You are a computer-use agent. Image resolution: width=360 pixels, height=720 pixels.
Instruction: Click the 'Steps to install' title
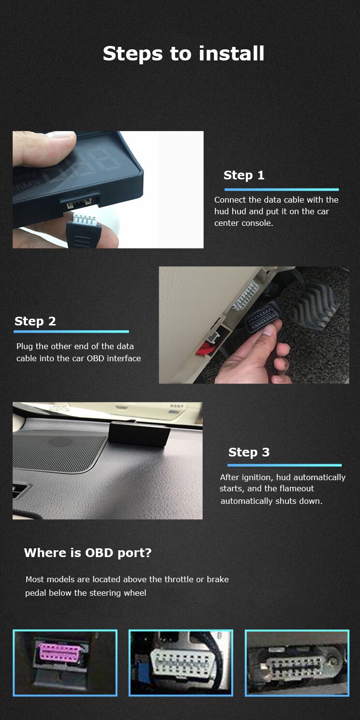[x=183, y=54]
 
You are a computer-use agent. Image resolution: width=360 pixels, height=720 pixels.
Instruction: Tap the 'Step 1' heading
[x=244, y=175]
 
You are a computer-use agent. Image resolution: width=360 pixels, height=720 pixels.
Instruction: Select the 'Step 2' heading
[x=35, y=321]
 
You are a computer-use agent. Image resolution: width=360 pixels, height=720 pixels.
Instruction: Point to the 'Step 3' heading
[x=249, y=452]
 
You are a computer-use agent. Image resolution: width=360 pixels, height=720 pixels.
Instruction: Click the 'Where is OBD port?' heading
[x=88, y=553]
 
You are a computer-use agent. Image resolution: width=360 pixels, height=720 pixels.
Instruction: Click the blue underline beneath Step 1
[x=282, y=190]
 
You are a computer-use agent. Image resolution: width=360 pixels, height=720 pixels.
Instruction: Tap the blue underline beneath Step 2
[x=72, y=331]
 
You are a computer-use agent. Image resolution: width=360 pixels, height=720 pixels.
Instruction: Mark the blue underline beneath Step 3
[x=285, y=465]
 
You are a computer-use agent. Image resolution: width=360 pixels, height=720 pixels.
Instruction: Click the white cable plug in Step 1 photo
[x=84, y=220]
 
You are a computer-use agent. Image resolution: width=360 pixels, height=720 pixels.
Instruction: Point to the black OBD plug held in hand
[x=262, y=316]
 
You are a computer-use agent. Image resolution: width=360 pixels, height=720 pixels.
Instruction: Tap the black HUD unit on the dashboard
[x=139, y=434]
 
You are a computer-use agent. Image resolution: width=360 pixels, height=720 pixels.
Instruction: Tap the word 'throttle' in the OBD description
[x=179, y=579]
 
